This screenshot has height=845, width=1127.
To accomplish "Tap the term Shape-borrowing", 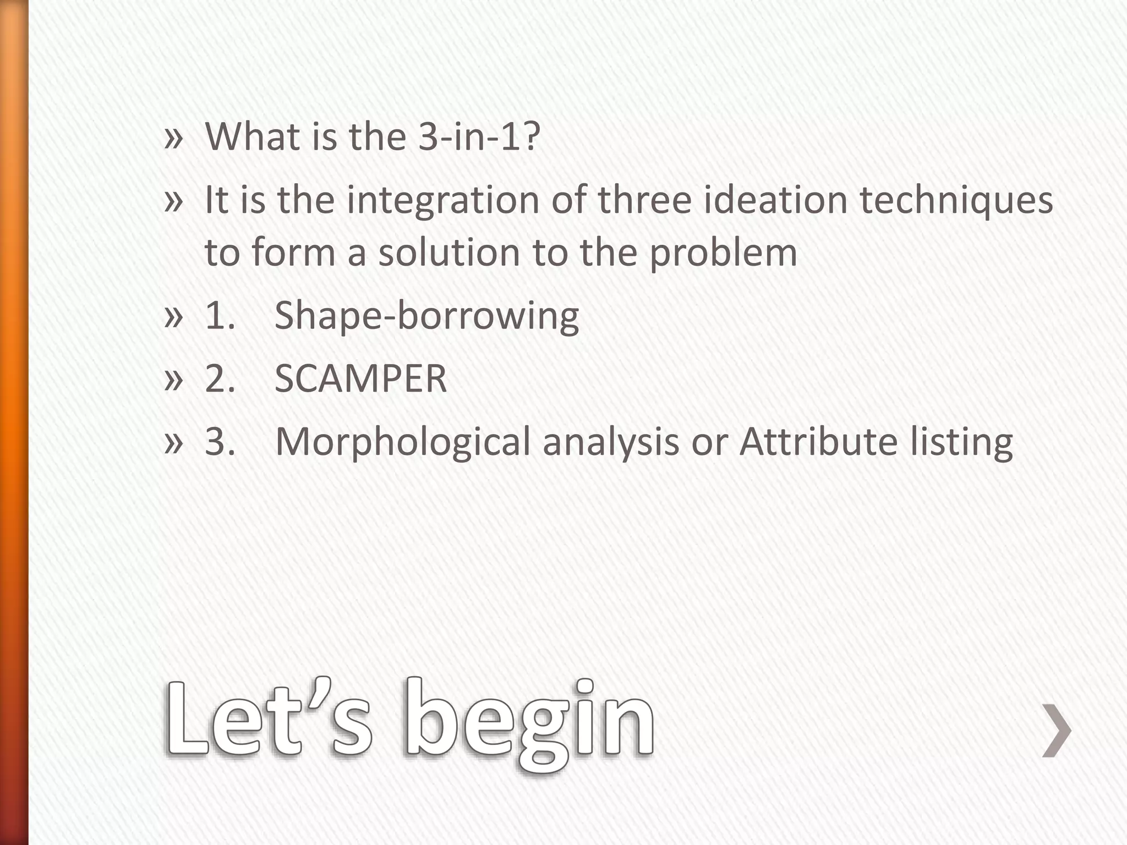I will pyautogui.click(x=426, y=316).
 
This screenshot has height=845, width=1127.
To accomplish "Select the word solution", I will pyautogui.click(x=449, y=253).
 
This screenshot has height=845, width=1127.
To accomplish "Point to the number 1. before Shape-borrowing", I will pyautogui.click(x=220, y=316).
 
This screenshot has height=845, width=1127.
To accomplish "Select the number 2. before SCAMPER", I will pyautogui.click(x=220, y=379).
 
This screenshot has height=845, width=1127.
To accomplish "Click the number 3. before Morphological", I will pyautogui.click(x=220, y=442).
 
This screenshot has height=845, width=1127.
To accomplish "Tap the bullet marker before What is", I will pyautogui.click(x=173, y=138).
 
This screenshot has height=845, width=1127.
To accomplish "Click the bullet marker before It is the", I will pyautogui.click(x=173, y=201).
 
